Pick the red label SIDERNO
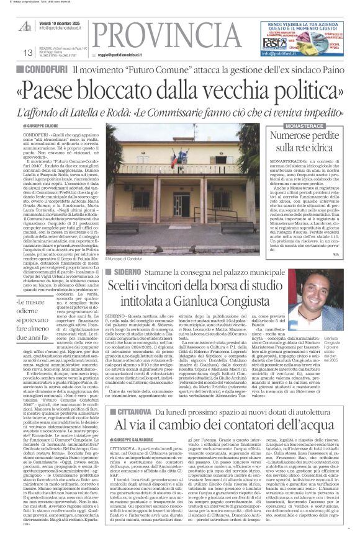[x=128, y=271]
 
